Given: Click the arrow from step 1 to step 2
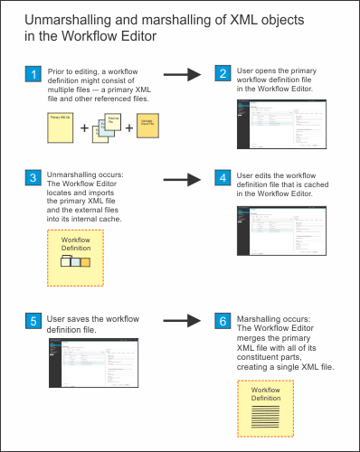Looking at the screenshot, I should click(180, 75).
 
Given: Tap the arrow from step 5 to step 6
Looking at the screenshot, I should click(180, 320).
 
